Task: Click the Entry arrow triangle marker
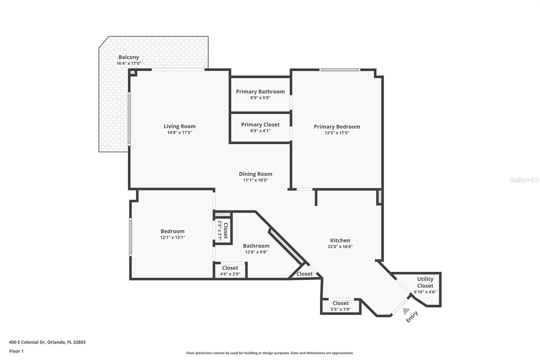click(x=406, y=311)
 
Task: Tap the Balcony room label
click(x=129, y=57)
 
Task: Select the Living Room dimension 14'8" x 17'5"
click(x=180, y=133)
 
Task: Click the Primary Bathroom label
click(x=260, y=92)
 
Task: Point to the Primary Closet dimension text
click(x=260, y=131)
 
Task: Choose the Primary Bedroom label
click(x=337, y=127)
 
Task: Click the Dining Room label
click(x=255, y=174)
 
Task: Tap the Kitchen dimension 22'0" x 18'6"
click(x=340, y=247)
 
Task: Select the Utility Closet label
click(x=425, y=282)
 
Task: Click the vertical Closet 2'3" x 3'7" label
click(x=223, y=231)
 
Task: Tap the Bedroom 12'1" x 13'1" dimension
click(x=172, y=237)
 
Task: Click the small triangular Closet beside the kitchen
click(x=304, y=274)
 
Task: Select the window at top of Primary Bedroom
click(x=340, y=70)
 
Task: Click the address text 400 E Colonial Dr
click(x=47, y=342)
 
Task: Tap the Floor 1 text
click(x=16, y=351)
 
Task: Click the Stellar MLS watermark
click(x=524, y=180)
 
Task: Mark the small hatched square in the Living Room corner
click(x=133, y=73)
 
